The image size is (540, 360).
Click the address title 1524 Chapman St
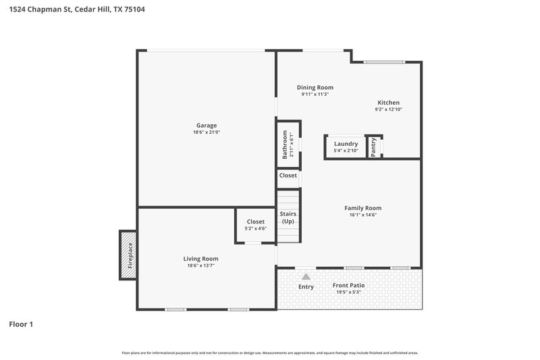(x=72, y=9)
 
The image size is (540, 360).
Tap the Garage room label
(x=207, y=126)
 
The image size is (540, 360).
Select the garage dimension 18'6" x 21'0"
(x=207, y=132)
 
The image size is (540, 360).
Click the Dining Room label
(x=315, y=87)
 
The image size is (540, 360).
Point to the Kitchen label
(x=388, y=103)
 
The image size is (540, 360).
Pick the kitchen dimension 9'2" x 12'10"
(x=388, y=109)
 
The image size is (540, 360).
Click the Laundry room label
(x=346, y=144)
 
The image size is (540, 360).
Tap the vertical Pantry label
(x=374, y=147)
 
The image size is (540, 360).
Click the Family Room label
(x=363, y=208)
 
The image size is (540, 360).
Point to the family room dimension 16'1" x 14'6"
(x=363, y=215)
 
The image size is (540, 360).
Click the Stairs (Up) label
(x=288, y=217)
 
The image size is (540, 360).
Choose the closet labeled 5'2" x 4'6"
(x=255, y=225)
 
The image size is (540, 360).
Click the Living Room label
(x=201, y=259)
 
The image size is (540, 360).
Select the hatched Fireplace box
(x=128, y=255)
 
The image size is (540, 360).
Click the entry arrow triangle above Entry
(x=306, y=276)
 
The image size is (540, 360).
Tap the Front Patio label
(x=349, y=286)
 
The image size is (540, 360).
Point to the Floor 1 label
(x=21, y=324)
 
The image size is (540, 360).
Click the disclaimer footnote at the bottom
(x=270, y=353)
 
